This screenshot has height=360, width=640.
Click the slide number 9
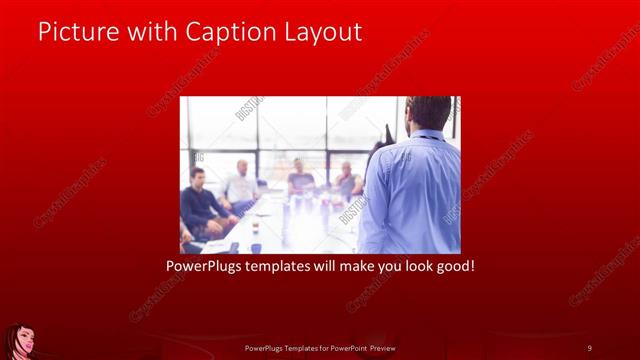click(589, 347)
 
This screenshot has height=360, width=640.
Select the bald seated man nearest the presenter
click(347, 180)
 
